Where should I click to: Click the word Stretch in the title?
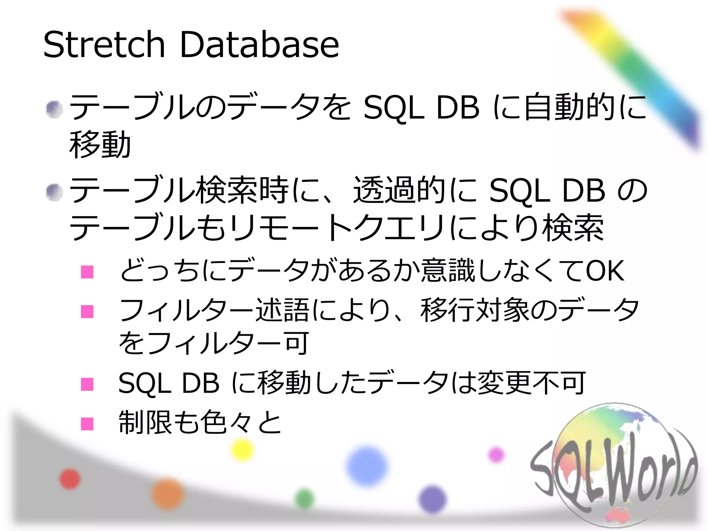(104, 45)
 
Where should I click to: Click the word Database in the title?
(259, 45)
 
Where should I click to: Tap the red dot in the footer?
(70, 479)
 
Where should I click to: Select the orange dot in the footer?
(168, 494)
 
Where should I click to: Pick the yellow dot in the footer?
(242, 449)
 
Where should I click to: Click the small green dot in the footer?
(305, 499)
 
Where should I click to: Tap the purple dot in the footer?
(432, 499)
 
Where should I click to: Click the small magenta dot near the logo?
(496, 455)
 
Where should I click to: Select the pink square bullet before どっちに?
(87, 272)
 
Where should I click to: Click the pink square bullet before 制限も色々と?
(87, 423)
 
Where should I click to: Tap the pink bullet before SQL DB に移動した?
(87, 384)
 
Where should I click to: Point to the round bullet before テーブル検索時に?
(54, 192)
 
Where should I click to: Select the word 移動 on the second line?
(100, 145)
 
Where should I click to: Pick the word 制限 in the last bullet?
(145, 422)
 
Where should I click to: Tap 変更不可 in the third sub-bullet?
(531, 383)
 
